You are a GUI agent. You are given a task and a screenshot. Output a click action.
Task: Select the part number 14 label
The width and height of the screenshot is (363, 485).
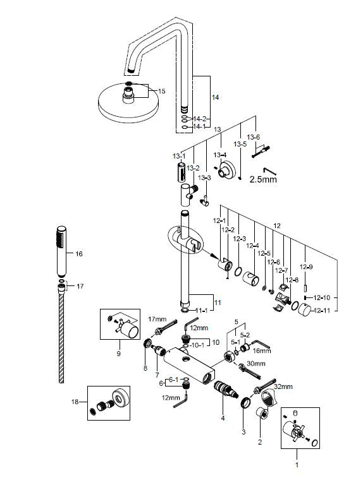[x=216, y=97]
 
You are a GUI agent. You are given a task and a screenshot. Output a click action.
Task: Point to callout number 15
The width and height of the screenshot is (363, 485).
[x=161, y=92]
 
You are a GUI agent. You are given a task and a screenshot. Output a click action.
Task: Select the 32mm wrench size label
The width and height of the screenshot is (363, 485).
[x=283, y=386]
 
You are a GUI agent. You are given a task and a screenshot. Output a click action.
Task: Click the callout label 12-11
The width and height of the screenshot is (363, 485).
[x=324, y=310]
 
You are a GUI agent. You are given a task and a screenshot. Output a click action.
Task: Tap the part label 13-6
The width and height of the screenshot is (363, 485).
[x=253, y=137]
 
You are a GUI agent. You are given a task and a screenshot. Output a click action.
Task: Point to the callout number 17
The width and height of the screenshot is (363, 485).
[x=80, y=286]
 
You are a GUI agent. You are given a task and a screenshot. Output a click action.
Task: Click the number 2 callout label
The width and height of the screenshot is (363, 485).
[x=259, y=443]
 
